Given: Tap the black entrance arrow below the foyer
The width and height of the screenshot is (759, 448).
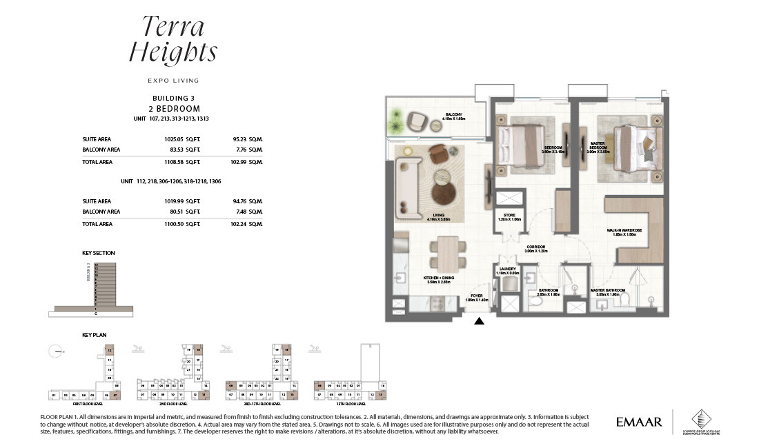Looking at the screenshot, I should (x=480, y=320).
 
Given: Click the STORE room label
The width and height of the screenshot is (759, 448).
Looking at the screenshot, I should (x=510, y=216).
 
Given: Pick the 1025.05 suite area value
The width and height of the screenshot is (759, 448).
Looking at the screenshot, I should (x=172, y=139).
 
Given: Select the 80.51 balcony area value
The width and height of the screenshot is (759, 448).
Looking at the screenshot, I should (x=175, y=212).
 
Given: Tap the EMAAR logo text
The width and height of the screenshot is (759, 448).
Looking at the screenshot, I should (x=638, y=421).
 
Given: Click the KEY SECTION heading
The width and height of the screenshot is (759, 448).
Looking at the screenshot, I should (x=99, y=253).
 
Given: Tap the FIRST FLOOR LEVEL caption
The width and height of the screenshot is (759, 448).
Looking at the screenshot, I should (x=68, y=404).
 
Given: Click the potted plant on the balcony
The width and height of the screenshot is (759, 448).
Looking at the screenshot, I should (x=395, y=126).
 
